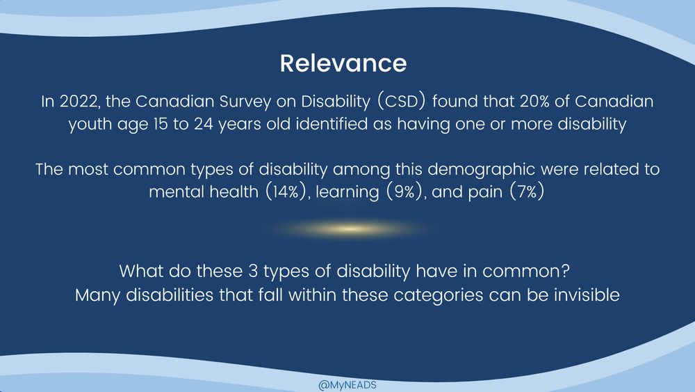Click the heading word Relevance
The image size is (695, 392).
(343, 63)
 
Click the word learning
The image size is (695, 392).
(345, 192)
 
